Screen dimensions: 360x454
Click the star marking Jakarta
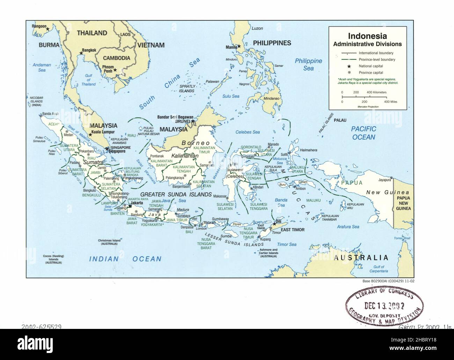click(129, 206)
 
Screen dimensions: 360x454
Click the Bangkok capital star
click(81, 53)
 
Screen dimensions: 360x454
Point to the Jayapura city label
click(380, 180)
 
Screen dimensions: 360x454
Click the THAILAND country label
click(92, 33)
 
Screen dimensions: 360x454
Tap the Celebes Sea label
click(248, 132)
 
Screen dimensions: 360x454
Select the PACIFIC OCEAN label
click(363, 133)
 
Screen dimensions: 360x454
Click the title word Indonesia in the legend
click(367, 36)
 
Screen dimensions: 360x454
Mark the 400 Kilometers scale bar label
click(376, 92)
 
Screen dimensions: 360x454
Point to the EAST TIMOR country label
click(293, 230)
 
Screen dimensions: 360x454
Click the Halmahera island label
click(308, 150)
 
